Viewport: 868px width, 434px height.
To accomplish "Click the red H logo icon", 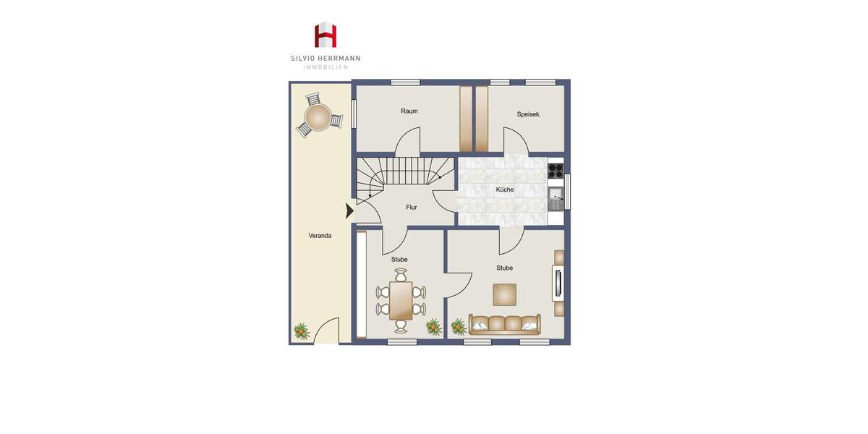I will point(325,35).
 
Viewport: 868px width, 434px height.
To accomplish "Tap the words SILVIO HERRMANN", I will point(325,59).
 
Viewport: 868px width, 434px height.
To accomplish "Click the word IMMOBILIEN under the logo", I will point(325,67).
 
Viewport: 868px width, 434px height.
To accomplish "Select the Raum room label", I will point(409,111).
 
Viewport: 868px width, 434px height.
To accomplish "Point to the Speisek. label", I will point(529,114).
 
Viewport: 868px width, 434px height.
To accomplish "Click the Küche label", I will point(505,190).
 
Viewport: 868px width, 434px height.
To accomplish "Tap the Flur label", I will point(412,208).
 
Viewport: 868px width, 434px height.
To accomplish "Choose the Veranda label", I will point(320,236).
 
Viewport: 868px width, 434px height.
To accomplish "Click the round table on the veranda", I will point(318,116).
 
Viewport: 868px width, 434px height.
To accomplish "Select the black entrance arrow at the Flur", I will point(349,211).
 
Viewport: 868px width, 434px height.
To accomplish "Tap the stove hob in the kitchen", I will point(556,171).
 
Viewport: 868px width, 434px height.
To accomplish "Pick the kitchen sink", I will point(556,195).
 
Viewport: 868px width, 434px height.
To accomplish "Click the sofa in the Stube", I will point(504,324).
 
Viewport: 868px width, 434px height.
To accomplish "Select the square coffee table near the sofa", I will point(504,294).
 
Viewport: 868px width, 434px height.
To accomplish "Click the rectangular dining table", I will point(401,300).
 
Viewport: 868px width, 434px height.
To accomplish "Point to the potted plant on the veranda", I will point(302,331).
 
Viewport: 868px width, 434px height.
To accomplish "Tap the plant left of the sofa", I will point(459,328).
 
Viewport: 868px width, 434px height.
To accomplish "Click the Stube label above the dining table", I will point(399,260).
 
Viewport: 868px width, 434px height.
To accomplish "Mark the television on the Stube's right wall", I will point(556,283).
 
